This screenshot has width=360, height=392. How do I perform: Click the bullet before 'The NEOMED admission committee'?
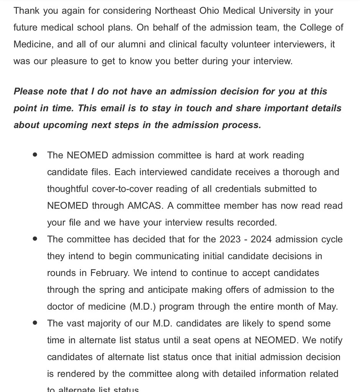click(35, 155)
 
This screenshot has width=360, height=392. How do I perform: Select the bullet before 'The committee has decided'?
click(35, 239)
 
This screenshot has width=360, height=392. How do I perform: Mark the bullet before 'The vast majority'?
click(35, 323)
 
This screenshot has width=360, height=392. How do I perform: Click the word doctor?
click(62, 307)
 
